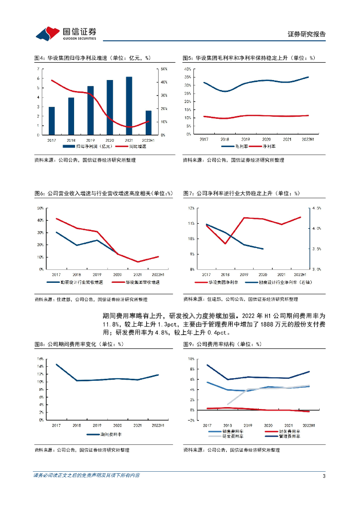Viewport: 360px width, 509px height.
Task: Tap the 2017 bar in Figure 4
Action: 52,121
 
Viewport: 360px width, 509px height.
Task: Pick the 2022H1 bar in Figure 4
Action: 148,122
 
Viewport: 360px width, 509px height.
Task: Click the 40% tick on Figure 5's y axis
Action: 187,69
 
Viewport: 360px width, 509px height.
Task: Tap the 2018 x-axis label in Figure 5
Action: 225,140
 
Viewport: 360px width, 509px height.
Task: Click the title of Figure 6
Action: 103,193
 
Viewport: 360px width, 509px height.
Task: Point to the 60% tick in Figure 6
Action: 39,208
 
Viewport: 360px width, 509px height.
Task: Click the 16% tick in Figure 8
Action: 39,358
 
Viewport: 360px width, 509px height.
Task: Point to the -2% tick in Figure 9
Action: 189,421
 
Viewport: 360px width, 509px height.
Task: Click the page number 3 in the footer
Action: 324,476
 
